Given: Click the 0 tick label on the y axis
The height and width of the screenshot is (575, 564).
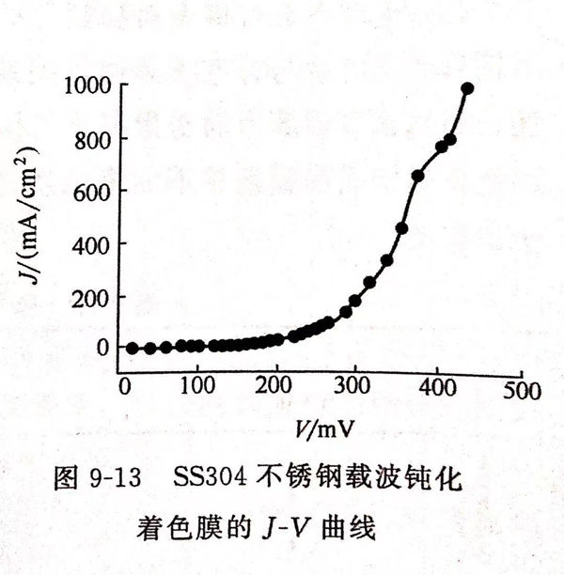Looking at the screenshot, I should click(102, 348).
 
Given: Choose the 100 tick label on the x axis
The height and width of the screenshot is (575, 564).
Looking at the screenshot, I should click(198, 387).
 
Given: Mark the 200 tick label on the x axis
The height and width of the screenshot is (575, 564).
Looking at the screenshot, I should click(276, 387).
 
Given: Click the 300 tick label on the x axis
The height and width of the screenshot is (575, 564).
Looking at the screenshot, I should click(354, 387).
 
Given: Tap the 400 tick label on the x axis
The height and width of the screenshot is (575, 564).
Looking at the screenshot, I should click(433, 387).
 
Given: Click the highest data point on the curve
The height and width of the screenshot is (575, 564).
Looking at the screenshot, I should click(467, 88).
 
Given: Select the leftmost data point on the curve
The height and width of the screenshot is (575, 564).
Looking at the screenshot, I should click(133, 348).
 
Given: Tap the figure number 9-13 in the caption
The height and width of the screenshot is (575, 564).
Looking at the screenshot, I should click(114, 479).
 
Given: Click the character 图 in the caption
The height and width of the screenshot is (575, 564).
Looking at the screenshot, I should click(66, 479).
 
